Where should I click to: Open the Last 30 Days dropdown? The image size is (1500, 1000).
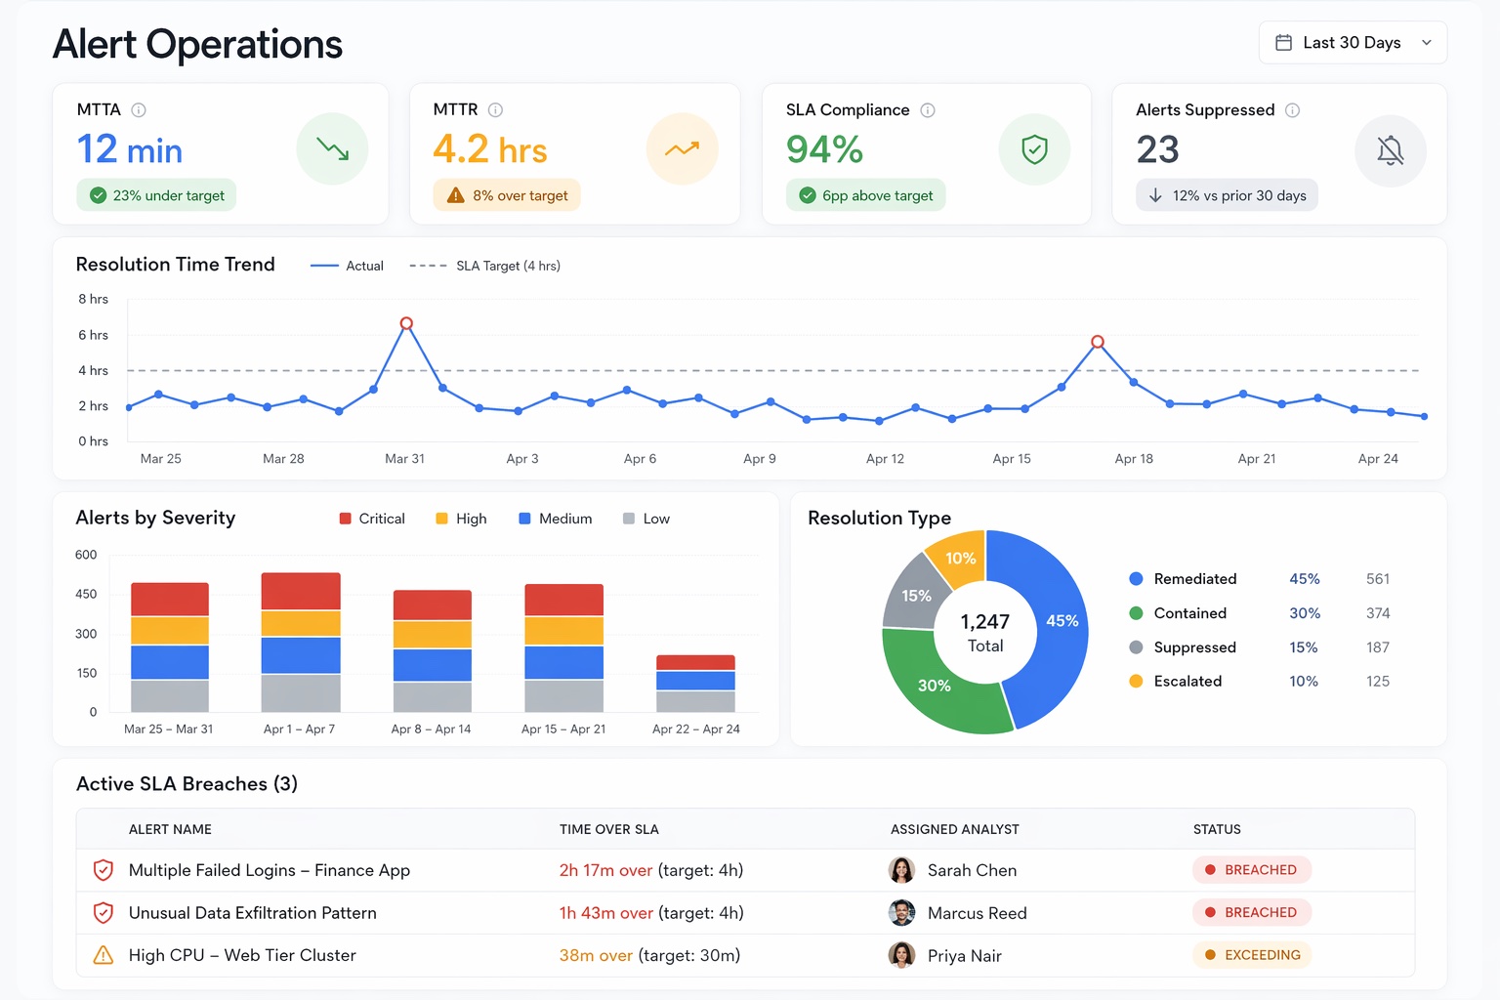1353,43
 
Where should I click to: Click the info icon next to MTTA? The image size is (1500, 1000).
139,110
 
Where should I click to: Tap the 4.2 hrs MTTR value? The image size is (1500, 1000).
489,150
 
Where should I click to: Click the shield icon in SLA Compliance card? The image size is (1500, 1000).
1034,149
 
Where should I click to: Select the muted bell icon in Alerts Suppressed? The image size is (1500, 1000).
1390,150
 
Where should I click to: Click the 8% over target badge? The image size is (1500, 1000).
507,195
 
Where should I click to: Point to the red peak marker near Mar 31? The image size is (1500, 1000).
406,323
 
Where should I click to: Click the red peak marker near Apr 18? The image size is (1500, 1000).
1098,342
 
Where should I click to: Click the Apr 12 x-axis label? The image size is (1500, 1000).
885,459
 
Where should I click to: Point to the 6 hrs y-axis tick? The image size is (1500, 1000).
94,335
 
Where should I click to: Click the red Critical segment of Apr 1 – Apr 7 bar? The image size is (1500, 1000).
301,591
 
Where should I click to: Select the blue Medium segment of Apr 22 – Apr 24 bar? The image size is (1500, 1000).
695,681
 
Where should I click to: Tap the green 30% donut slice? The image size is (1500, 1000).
935,686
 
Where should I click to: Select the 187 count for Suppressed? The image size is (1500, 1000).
1377,647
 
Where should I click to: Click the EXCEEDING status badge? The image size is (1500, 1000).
1252,955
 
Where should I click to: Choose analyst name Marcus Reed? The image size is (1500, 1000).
977,913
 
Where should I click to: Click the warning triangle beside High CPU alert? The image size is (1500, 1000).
103,955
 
